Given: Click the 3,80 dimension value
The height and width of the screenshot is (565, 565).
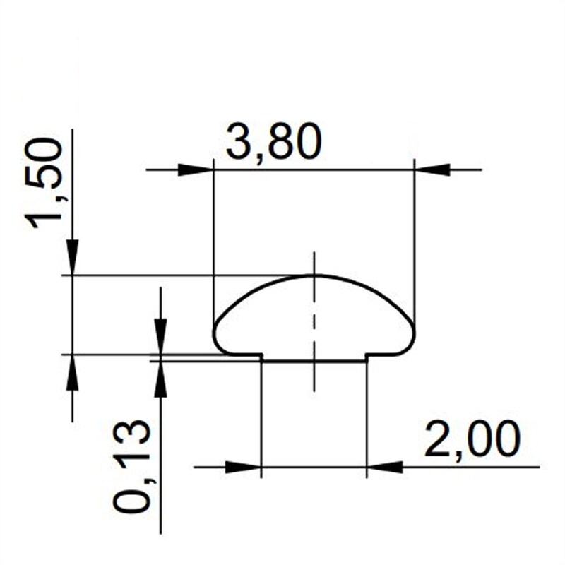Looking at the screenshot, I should [x=274, y=143].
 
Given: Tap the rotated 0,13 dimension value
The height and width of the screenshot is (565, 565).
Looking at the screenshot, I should [x=132, y=466].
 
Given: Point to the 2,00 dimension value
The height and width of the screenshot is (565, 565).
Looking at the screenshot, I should [x=472, y=439].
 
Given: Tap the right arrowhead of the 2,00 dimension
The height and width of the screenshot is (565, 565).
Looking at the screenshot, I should [x=385, y=467].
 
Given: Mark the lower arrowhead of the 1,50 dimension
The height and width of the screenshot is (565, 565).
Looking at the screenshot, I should [x=72, y=372].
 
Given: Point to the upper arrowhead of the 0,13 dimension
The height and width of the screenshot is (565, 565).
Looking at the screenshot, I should [x=161, y=336].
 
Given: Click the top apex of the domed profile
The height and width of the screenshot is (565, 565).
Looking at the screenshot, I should [x=314, y=275].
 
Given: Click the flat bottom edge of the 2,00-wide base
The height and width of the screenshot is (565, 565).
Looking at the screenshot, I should [x=314, y=361].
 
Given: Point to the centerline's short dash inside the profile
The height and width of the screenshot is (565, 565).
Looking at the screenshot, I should [x=314, y=318].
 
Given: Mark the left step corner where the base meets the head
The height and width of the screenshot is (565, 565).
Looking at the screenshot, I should [x=262, y=355].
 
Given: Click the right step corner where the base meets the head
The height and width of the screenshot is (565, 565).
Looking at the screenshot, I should [x=367, y=355].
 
